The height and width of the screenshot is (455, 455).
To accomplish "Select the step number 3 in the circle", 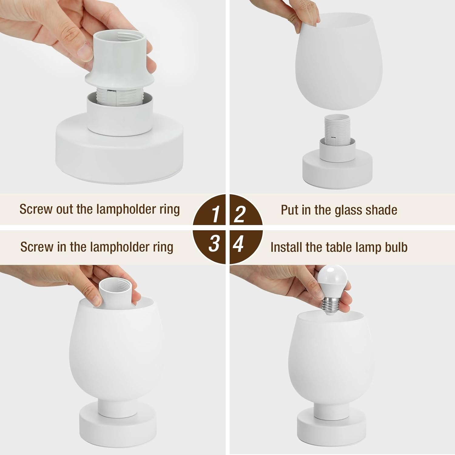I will (x=214, y=244).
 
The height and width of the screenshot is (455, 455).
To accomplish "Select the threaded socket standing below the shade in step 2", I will (x=337, y=127).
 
